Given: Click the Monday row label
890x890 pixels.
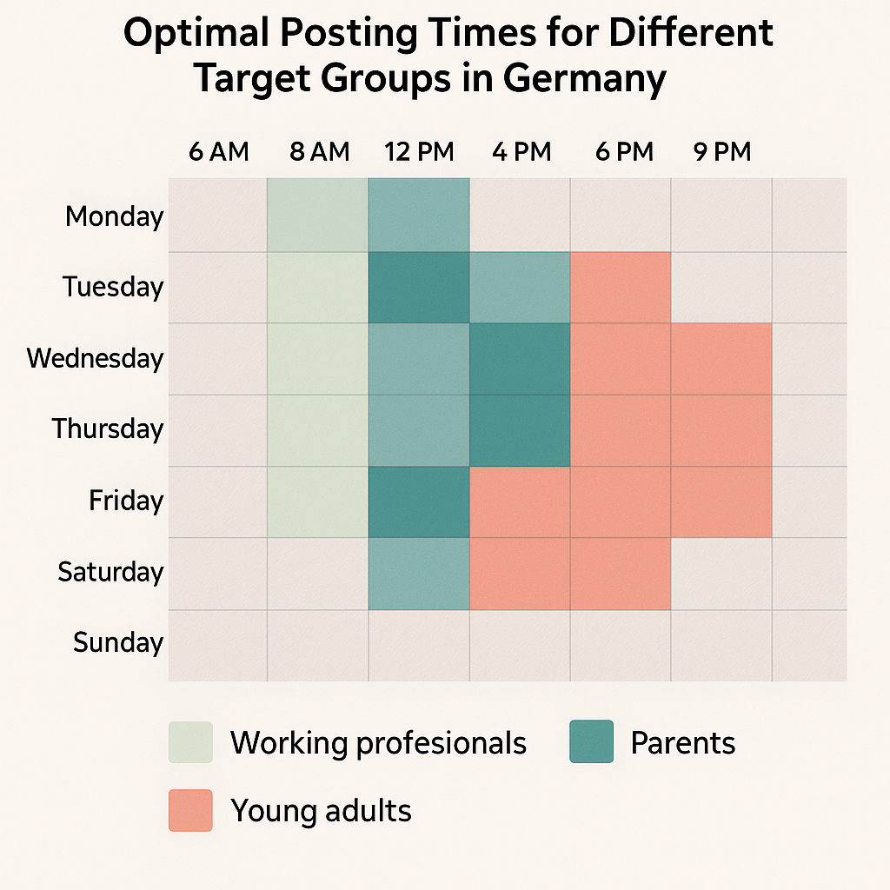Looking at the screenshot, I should point(114,216).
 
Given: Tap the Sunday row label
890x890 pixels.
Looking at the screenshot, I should point(118,643).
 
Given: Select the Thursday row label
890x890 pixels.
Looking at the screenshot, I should point(107,429).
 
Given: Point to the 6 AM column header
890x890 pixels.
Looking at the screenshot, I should point(218,152).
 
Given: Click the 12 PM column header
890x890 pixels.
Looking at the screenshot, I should point(419,152).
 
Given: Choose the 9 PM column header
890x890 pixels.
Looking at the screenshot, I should point(721,152).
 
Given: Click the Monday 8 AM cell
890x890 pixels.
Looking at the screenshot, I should point(317,216).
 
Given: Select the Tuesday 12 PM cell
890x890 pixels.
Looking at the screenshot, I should point(419,288).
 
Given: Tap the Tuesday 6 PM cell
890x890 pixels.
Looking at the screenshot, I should point(621,288).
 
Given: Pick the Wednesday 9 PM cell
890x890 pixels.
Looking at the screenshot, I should point(721,359).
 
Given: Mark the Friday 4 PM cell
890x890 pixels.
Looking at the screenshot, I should point(520,502).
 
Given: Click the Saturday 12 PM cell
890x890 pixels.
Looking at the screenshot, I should point(419,574).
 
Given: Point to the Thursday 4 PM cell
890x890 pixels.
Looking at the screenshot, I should point(520,431).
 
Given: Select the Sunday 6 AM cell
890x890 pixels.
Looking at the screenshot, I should point(217,645).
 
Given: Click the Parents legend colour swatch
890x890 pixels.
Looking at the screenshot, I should point(591,742).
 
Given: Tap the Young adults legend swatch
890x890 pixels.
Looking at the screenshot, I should point(190,810).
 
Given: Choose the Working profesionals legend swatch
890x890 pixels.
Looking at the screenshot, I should point(190,742).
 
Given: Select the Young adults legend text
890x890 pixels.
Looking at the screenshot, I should point(321,811).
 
